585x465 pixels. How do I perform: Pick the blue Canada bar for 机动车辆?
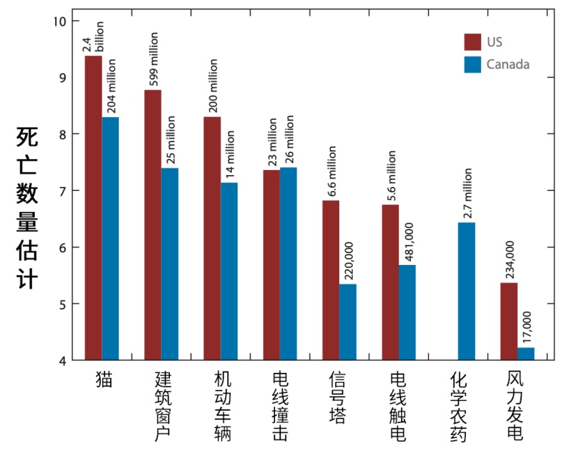click(x=228, y=271)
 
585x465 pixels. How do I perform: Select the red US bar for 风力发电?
click(x=509, y=321)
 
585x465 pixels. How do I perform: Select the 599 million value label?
click(x=153, y=60)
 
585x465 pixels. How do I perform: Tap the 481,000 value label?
click(x=408, y=241)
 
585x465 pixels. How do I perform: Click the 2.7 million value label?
click(x=467, y=193)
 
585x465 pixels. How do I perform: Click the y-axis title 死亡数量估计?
click(x=27, y=208)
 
